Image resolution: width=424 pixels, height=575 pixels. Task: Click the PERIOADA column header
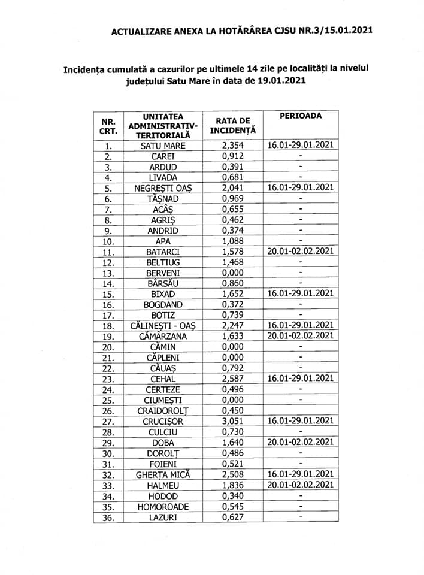300,115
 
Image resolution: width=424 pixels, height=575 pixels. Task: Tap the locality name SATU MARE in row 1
163,146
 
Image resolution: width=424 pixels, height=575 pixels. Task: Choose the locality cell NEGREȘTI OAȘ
163,188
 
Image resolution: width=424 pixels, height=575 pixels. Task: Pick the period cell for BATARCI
301,251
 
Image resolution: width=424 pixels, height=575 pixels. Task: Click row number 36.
108,517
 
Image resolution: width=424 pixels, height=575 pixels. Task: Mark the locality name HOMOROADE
163,506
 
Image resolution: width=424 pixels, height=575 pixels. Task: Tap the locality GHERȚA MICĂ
163,474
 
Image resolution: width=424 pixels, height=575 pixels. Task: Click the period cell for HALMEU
301,485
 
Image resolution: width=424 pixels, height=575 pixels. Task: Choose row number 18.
108,326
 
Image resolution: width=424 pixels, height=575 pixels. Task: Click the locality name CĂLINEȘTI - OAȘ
163,326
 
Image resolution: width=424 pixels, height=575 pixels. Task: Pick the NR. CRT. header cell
108,125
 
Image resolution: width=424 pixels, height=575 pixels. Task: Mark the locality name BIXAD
163,294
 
